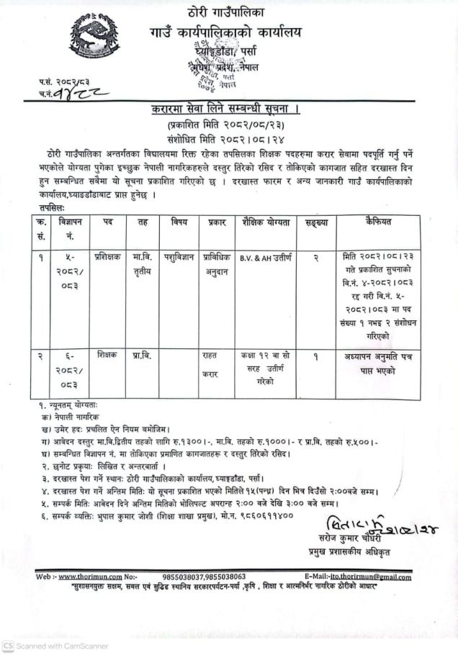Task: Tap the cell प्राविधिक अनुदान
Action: tap(217, 260)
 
